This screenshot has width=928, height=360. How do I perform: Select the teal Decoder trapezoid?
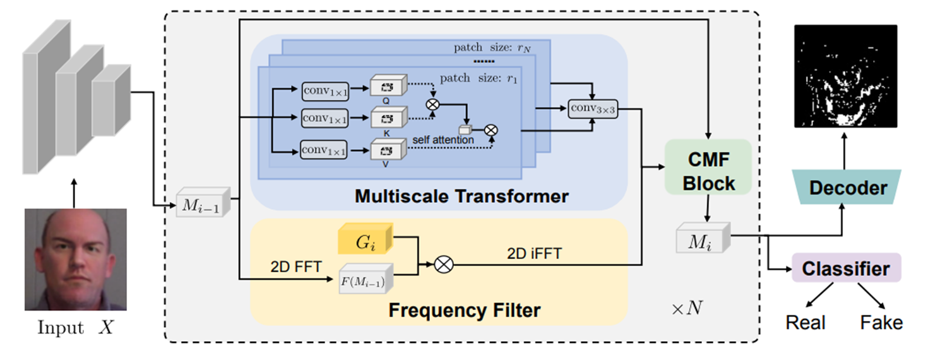tap(848, 188)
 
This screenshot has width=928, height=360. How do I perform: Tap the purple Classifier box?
tap(846, 268)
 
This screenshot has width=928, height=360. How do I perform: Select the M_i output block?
tap(702, 239)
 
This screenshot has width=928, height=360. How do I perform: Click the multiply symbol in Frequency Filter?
tap(444, 265)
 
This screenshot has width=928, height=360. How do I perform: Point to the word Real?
tap(805, 323)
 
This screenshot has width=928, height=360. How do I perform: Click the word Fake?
tap(881, 323)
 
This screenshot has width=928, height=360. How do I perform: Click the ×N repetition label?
tap(687, 309)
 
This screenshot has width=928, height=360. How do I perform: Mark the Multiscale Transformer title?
tap(461, 196)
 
